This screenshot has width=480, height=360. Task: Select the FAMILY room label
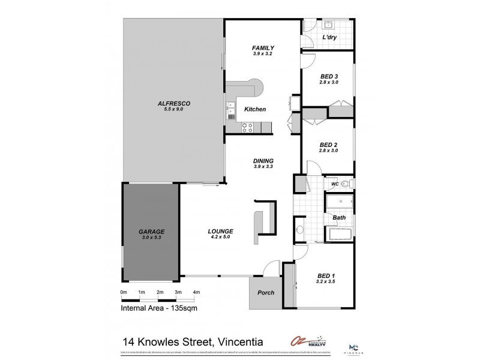click(263, 48)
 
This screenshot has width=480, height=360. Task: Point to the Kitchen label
click(255, 109)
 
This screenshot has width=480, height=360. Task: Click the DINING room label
click(263, 161)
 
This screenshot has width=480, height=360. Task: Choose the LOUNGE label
click(220, 232)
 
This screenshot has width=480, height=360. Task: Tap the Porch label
click(266, 293)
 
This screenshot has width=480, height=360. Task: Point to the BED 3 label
click(329, 76)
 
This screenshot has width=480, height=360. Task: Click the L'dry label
click(329, 37)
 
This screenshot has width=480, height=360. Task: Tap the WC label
click(335, 184)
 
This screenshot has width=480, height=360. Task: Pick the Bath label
click(339, 217)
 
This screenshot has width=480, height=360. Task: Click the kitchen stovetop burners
click(247, 127)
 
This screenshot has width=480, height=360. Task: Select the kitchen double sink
click(230, 109)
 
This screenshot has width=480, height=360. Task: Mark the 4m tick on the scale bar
click(196, 293)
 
